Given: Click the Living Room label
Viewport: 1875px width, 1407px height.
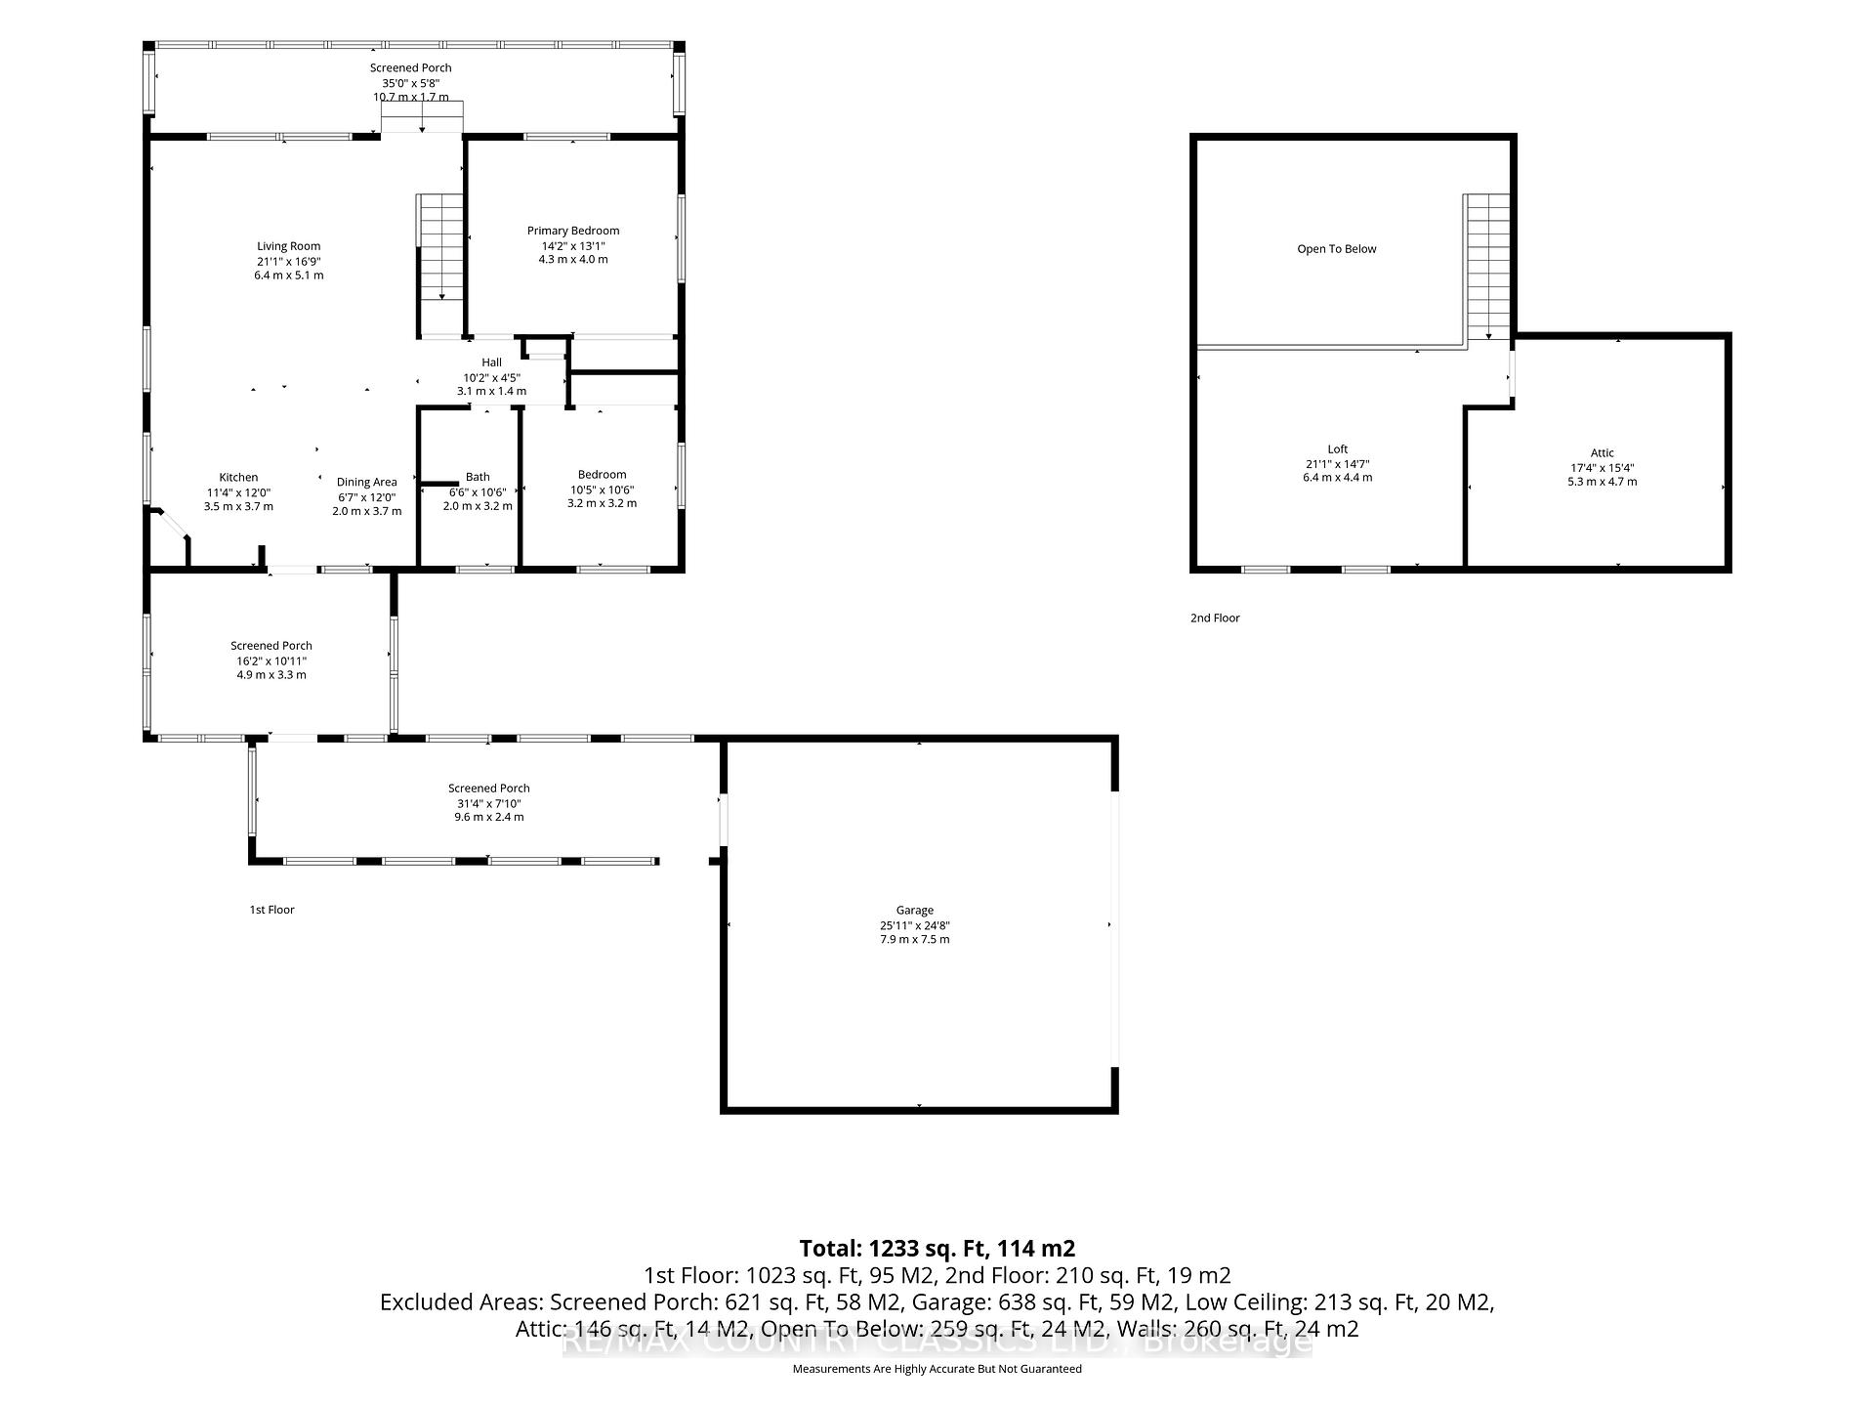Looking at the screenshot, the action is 289,246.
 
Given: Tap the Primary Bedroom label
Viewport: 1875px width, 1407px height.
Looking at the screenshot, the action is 573,231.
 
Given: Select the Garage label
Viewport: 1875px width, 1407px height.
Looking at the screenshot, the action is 915,911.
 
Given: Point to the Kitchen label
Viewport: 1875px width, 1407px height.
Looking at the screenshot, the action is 238,478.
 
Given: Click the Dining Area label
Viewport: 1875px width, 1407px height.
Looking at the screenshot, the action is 367,482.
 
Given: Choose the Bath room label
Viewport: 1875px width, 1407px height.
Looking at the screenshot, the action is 478,478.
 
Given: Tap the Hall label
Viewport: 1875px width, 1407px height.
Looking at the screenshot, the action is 491,362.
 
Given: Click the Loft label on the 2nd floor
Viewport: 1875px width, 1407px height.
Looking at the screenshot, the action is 1338,449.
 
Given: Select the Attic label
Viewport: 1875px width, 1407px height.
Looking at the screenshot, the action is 1603,453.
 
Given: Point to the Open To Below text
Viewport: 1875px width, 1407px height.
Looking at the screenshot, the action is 1337,249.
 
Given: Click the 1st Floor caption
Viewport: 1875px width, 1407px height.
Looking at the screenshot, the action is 271,910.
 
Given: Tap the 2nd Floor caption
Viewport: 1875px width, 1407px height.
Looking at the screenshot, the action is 1215,618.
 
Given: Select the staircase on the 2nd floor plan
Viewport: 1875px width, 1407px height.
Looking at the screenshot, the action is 1486,267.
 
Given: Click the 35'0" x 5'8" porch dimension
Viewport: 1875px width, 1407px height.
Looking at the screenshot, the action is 410,83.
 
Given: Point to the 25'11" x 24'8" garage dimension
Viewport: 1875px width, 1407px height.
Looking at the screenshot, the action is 915,925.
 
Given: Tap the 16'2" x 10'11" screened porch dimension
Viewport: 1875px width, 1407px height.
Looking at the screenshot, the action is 271,661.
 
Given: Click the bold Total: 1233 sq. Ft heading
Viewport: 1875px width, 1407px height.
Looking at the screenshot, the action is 937,1248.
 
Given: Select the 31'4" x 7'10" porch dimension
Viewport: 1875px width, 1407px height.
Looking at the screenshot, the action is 489,803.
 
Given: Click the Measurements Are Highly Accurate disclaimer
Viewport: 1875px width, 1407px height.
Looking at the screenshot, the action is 937,1369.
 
